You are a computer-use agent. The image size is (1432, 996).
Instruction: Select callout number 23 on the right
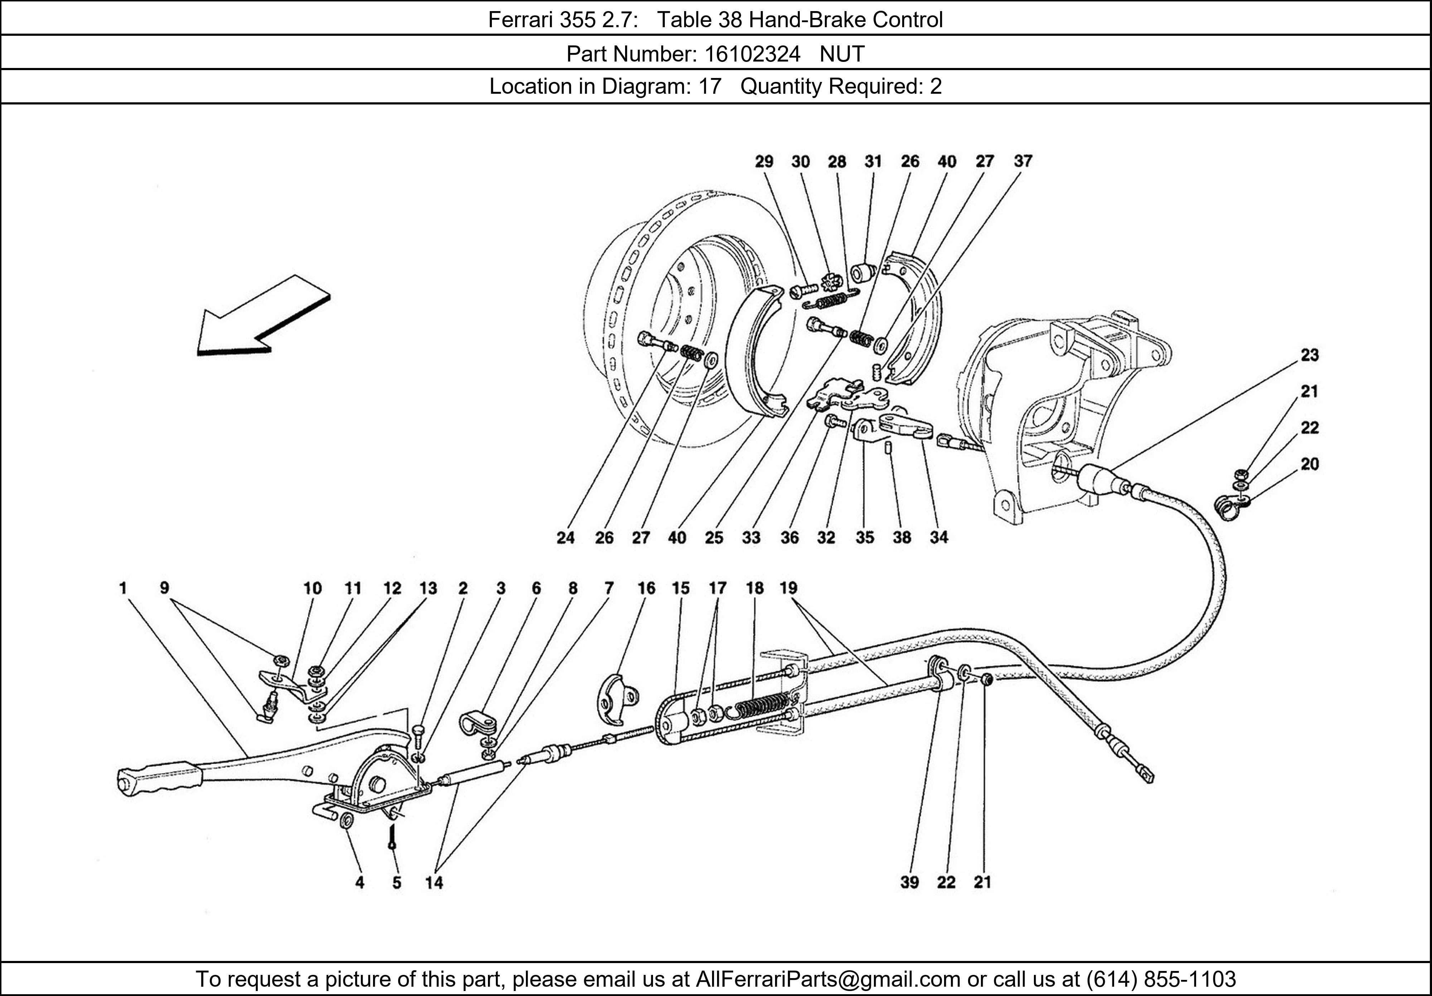[x=1309, y=355]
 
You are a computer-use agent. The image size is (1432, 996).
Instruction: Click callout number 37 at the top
[x=1023, y=161]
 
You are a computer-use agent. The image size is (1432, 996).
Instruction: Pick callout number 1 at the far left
[x=123, y=588]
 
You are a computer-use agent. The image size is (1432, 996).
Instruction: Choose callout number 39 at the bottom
[x=909, y=882]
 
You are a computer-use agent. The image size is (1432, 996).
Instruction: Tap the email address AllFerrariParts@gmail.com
[x=828, y=979]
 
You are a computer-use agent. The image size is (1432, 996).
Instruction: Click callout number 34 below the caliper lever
[x=939, y=537]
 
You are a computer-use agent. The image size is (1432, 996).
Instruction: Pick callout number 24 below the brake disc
[x=565, y=537]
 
